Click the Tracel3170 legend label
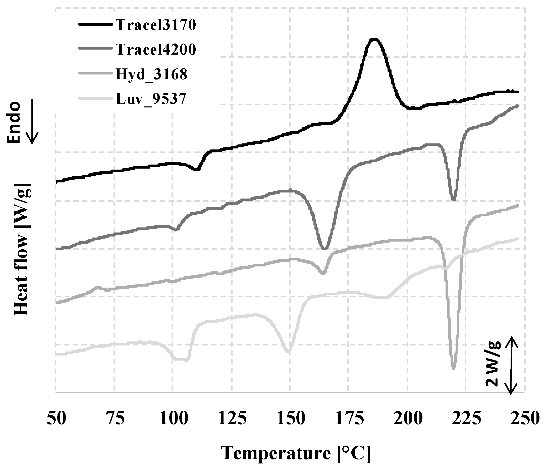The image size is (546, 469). pyautogui.click(x=156, y=25)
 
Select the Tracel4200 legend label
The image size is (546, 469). pyautogui.click(x=156, y=49)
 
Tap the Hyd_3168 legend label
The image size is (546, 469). pyautogui.click(x=151, y=74)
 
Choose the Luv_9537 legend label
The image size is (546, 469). pyautogui.click(x=151, y=99)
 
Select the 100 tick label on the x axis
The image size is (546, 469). pyautogui.click(x=173, y=418)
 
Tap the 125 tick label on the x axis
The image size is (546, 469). pyautogui.click(x=232, y=418)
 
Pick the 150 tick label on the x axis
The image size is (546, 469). pyautogui.click(x=291, y=418)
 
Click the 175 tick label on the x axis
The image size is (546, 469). pyautogui.click(x=349, y=418)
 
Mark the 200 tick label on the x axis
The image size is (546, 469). pyautogui.click(x=408, y=418)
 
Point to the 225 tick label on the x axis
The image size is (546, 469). pyautogui.click(x=466, y=418)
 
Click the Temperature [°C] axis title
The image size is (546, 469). pyautogui.click(x=296, y=453)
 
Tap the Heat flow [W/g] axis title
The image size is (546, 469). pyautogui.click(x=22, y=249)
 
